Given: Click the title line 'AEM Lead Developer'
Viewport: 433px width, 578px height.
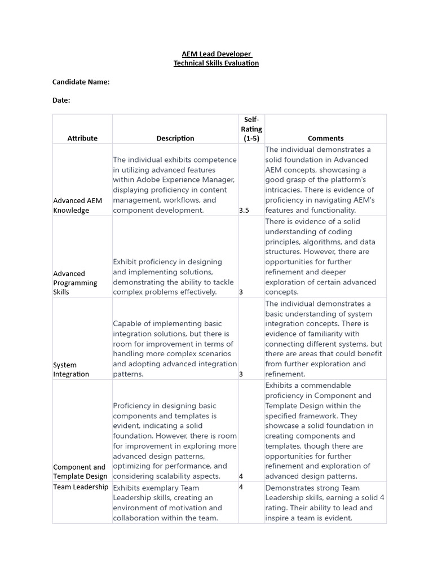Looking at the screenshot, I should (216, 54).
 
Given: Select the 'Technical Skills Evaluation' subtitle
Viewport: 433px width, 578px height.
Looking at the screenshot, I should (216, 63).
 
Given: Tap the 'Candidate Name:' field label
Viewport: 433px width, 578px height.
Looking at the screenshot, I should (81, 82).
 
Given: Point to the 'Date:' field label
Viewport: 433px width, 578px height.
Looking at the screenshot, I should (61, 100).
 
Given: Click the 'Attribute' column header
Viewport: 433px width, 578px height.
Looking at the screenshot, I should (82, 138).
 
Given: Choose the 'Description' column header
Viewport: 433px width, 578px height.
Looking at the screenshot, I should (175, 138).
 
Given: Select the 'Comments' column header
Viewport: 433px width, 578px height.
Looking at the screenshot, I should (325, 138).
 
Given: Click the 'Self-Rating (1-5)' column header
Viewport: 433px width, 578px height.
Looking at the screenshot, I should (251, 129).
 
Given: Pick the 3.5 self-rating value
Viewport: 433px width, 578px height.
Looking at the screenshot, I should (244, 211).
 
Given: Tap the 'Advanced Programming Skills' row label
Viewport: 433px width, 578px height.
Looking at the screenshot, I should (75, 283).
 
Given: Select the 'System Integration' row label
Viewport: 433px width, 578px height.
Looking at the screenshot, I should (71, 369).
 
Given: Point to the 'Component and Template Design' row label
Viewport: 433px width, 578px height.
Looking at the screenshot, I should (80, 471).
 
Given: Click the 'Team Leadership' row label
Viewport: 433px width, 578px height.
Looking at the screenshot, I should (81, 487).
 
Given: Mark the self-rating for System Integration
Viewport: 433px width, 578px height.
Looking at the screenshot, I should (241, 374).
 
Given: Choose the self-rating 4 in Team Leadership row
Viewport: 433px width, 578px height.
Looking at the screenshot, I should (241, 487).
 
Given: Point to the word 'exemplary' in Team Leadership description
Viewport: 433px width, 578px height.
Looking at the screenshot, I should (160, 488).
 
